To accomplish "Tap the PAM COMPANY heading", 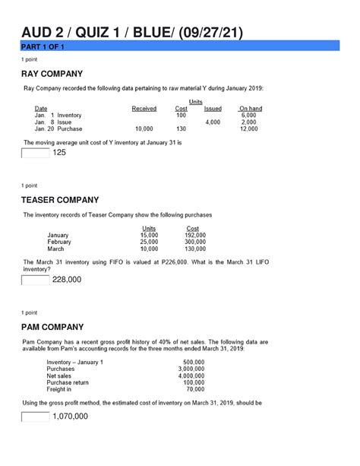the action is (x=58, y=327).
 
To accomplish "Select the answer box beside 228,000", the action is (x=35, y=280).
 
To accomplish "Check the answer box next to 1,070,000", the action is (x=35, y=417).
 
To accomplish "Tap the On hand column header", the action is (x=249, y=109).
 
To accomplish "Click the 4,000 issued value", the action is (x=212, y=122).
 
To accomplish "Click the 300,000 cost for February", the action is (x=194, y=242).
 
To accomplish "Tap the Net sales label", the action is (x=61, y=376).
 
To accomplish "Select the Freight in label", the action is (x=62, y=389).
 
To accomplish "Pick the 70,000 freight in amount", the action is (x=194, y=389).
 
